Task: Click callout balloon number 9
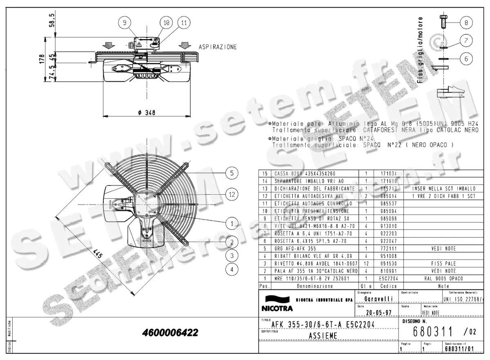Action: point(125,23)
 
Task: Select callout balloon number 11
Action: point(184,23)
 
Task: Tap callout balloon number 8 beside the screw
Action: point(466,22)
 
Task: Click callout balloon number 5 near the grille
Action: point(232,173)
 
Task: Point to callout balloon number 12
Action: point(232,194)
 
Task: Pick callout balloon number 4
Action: point(232,269)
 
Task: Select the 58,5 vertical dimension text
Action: point(52,20)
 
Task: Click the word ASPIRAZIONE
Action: point(218,47)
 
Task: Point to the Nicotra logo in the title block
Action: point(277,303)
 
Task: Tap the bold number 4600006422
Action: point(170,333)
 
